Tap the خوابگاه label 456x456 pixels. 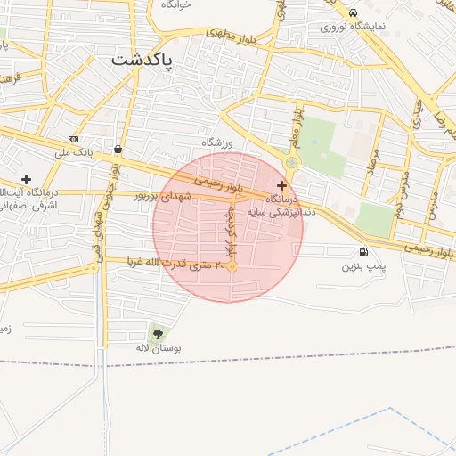(x=176, y=4)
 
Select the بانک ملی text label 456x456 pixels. (x=73, y=153)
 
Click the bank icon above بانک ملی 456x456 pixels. (x=73, y=140)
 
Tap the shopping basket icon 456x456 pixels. (x=118, y=149)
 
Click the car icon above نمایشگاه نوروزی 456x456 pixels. (x=354, y=13)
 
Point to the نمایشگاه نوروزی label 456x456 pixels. (x=354, y=27)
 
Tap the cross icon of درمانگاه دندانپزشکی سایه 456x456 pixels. (x=282, y=185)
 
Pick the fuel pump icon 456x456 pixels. (x=362, y=253)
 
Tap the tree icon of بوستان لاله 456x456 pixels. (x=159, y=334)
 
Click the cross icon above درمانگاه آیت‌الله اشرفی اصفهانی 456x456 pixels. (x=26, y=179)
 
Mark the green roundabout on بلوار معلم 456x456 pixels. (x=292, y=162)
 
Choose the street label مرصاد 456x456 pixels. (x=372, y=166)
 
